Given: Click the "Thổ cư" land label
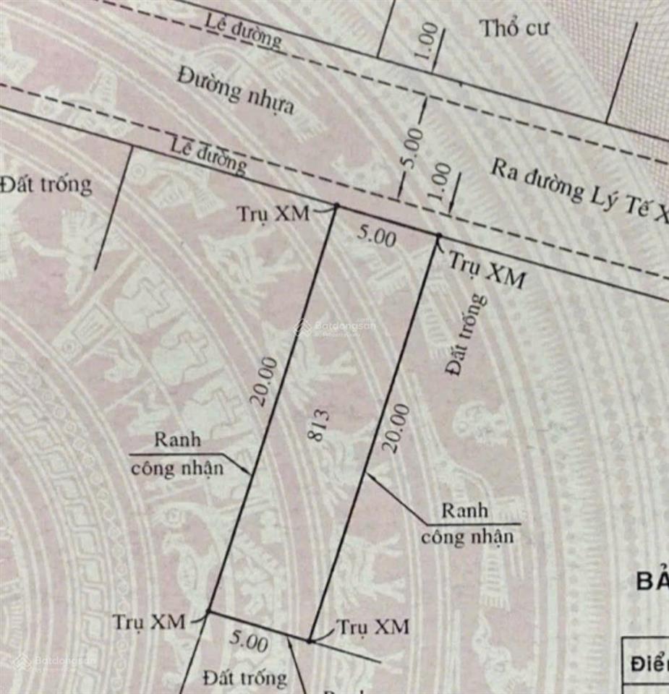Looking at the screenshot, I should [x=514, y=28].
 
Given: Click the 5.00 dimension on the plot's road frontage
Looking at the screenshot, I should [x=378, y=236].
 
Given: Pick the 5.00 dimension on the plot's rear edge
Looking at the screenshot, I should [x=250, y=641].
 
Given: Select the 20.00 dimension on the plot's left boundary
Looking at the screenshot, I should [x=265, y=381].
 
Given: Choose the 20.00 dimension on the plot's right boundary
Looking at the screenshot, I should [x=396, y=427].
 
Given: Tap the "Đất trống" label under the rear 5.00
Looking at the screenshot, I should [x=244, y=677].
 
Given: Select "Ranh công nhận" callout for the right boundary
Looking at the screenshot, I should [x=466, y=523].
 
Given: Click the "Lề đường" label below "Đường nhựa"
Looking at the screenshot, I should [x=208, y=155].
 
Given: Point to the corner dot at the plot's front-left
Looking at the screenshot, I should [x=336, y=207].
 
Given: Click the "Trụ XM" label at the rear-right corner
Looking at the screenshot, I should [x=374, y=626].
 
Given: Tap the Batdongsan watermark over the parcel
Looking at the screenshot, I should [x=336, y=327].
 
